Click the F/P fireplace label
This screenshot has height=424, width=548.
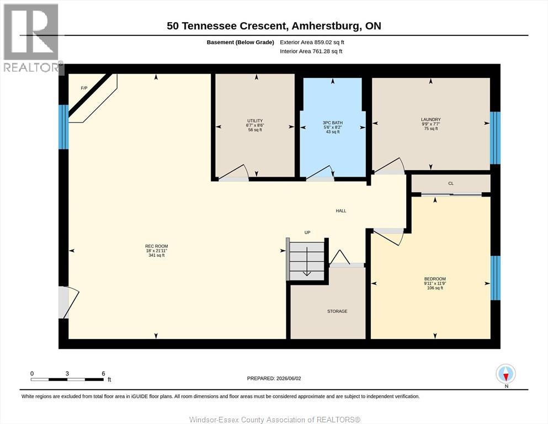pyautogui.click(x=84, y=88)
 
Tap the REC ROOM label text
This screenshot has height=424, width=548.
pyautogui.click(x=157, y=246)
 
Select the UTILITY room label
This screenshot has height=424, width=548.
pyautogui.click(x=255, y=120)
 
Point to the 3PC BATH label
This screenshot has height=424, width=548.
pyautogui.click(x=333, y=123)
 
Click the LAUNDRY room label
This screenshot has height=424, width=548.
pyautogui.click(x=431, y=120)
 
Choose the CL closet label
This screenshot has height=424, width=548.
pyautogui.click(x=451, y=183)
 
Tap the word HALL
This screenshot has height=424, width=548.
pyautogui.click(x=341, y=211)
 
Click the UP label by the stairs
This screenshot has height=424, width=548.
pyautogui.click(x=307, y=232)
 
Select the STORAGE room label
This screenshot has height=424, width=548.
pyautogui.click(x=337, y=311)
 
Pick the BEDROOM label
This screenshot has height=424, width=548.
pyautogui.click(x=435, y=279)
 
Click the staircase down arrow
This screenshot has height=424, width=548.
pyautogui.click(x=307, y=262)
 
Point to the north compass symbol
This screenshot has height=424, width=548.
pyautogui.click(x=506, y=374)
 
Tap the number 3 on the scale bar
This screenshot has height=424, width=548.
pyautogui.click(x=67, y=373)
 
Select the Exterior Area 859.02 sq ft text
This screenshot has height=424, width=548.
pyautogui.click(x=312, y=43)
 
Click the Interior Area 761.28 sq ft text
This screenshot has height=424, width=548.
pyautogui.click(x=311, y=51)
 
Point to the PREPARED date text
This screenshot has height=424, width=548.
pyautogui.click(x=274, y=378)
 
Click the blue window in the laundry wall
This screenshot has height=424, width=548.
pyautogui.click(x=495, y=137)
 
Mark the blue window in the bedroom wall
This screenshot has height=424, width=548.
pyautogui.click(x=495, y=278)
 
